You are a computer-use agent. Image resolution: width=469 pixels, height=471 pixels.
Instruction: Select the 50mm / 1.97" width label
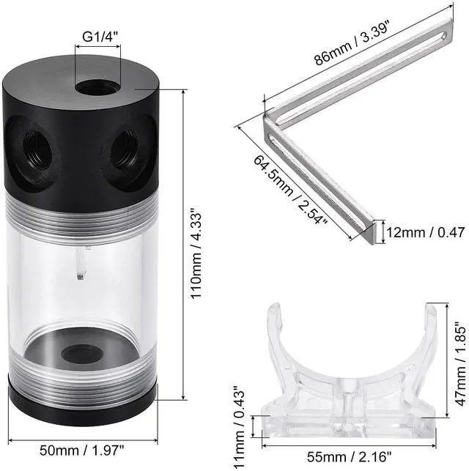pos(82,450)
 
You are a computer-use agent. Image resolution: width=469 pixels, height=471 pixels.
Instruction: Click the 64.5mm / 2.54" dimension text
pos(290,190)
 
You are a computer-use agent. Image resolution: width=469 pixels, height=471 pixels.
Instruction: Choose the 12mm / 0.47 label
pos(426,232)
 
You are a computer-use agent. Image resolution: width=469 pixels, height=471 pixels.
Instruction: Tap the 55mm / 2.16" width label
pos(350,458)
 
